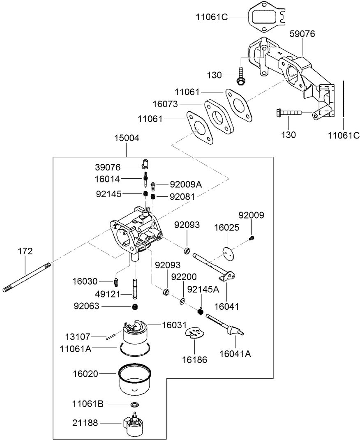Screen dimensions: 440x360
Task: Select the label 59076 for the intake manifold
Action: [302, 34]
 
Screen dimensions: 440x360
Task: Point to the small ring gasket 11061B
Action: [134, 404]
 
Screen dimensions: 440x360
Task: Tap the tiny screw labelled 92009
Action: [252, 237]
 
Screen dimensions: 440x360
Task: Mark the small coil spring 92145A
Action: [201, 311]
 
